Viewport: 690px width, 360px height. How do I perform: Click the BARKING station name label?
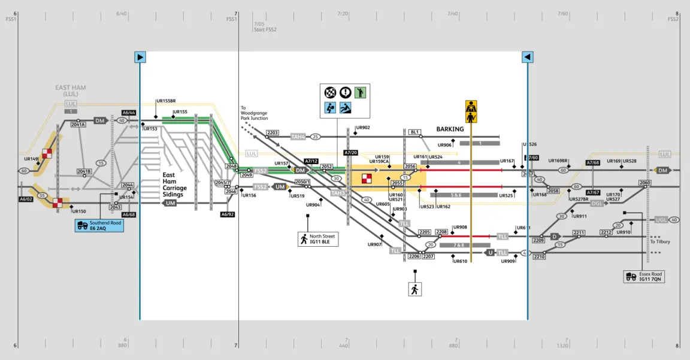(450, 129)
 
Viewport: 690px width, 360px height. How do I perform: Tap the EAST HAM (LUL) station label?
(71, 91)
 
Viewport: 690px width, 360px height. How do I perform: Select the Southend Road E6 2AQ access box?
(99, 226)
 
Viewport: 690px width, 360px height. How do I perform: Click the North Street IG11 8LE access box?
(318, 239)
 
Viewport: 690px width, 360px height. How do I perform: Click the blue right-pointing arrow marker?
(140, 58)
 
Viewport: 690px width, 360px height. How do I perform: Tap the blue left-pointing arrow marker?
(527, 58)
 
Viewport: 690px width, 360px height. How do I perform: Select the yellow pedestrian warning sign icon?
(471, 111)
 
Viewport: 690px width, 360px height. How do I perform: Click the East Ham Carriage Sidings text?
(174, 185)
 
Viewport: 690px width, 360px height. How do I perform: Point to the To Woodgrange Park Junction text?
(254, 113)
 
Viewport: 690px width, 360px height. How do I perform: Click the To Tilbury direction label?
(660, 242)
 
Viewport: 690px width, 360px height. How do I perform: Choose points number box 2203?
(273, 132)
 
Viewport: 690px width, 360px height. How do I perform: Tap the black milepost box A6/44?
(129, 113)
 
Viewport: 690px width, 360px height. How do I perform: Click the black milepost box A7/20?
(350, 153)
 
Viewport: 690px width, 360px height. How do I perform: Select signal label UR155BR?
(166, 101)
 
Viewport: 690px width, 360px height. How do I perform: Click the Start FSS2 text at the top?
(265, 29)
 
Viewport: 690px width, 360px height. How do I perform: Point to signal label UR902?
(363, 128)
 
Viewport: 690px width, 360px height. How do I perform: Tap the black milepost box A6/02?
(26, 199)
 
